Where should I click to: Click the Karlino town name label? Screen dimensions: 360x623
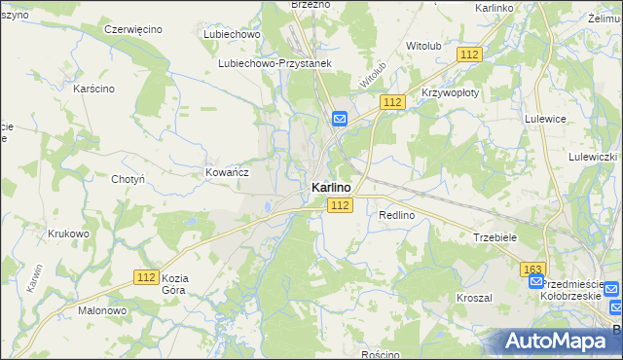[331, 187]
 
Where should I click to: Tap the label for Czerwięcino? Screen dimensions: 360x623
[133, 29]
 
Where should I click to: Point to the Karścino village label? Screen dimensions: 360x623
[94, 89]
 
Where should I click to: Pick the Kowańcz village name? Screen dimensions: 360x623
[228, 171]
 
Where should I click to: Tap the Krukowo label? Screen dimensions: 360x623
[68, 234]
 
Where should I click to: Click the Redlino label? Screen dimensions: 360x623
[397, 214]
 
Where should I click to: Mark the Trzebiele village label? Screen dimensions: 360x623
[495, 237]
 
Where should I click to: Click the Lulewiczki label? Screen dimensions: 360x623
[594, 157]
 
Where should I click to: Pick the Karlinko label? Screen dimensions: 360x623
[495, 8]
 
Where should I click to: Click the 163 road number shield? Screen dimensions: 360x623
[531, 268]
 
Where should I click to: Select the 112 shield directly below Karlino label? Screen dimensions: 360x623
[339, 205]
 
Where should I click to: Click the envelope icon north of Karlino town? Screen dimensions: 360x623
[340, 119]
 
